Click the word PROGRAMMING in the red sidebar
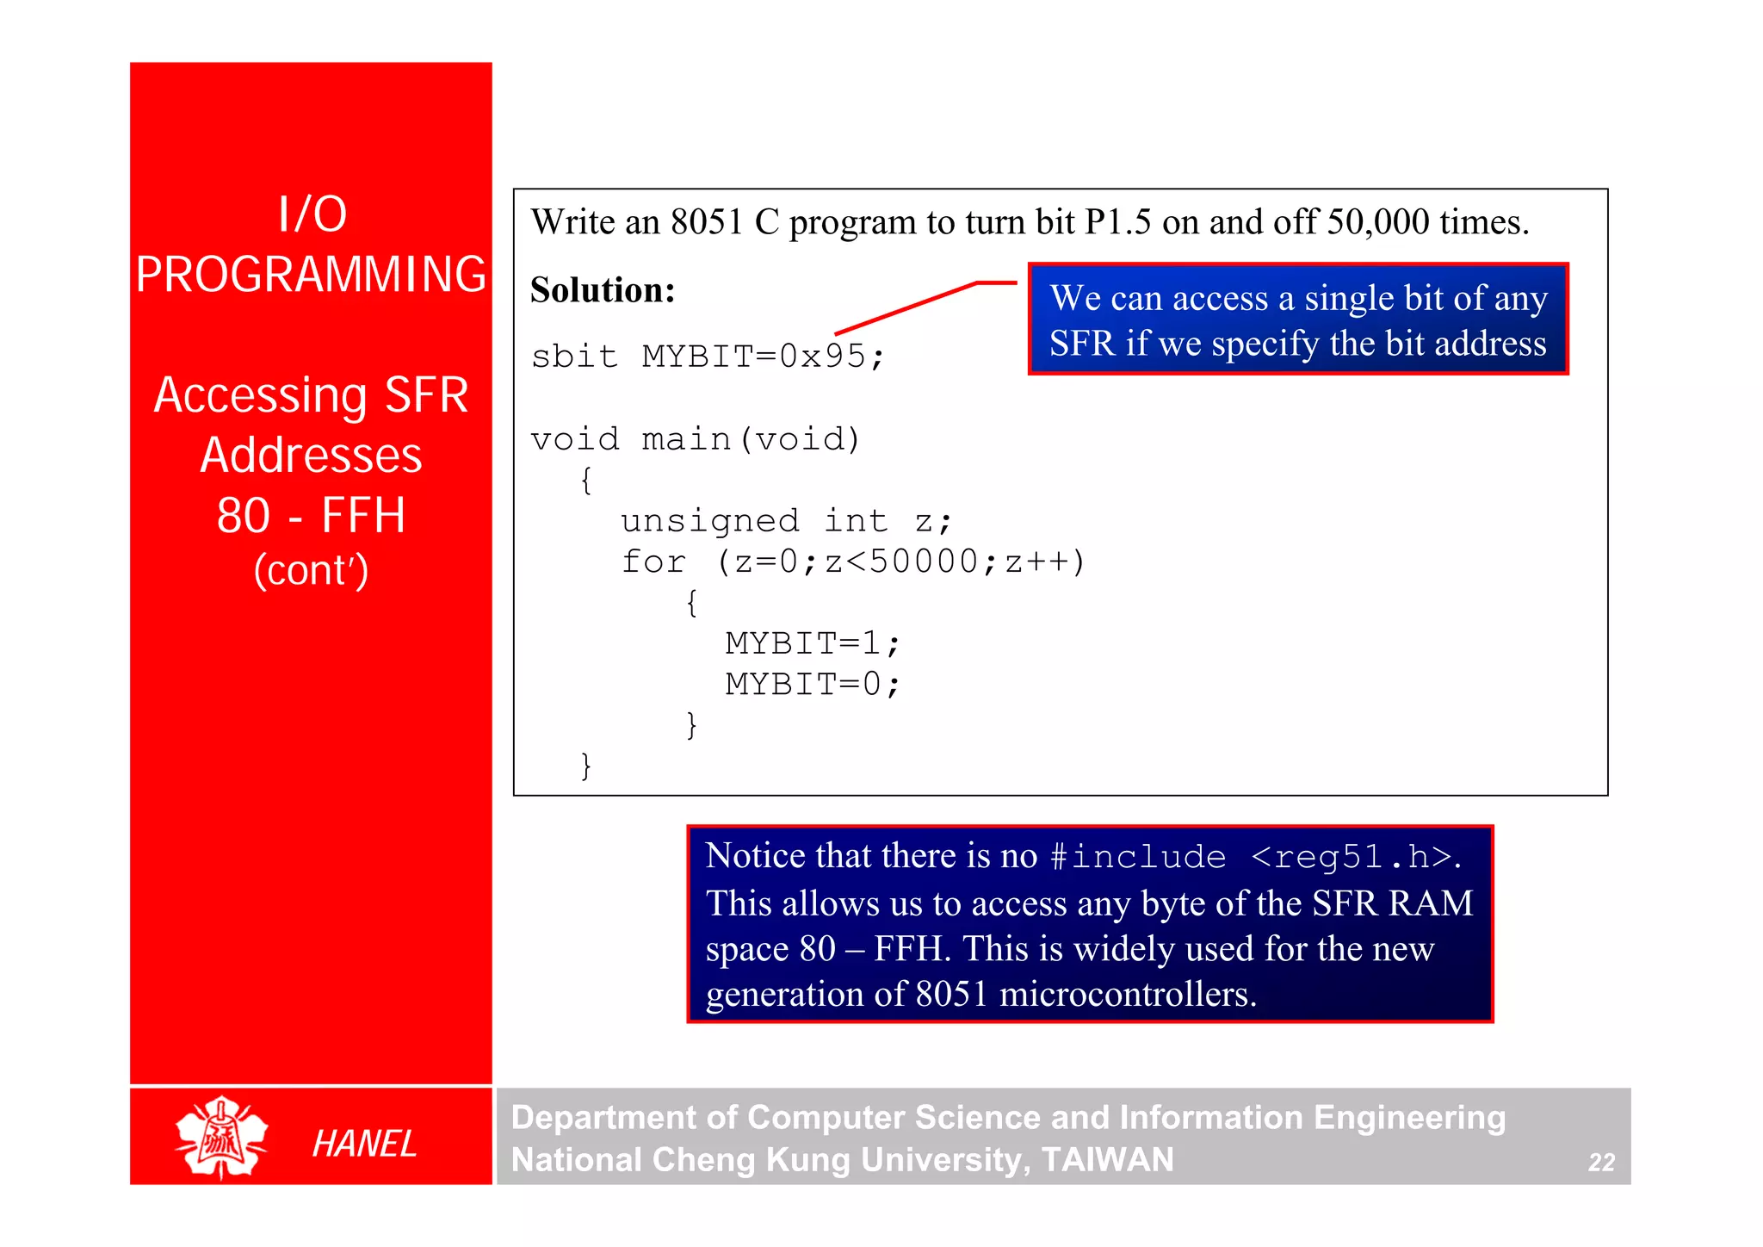[311, 275]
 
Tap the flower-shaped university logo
[221, 1137]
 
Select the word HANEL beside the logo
[364, 1144]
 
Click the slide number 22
[1601, 1163]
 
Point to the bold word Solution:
[603, 290]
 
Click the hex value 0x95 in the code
[822, 356]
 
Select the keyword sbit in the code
[574, 356]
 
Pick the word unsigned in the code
[710, 520]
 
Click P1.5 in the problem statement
[1117, 222]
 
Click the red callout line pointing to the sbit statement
[912, 305]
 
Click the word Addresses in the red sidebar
[311, 455]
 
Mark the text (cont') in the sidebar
[311, 570]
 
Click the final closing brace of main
[586, 765]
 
